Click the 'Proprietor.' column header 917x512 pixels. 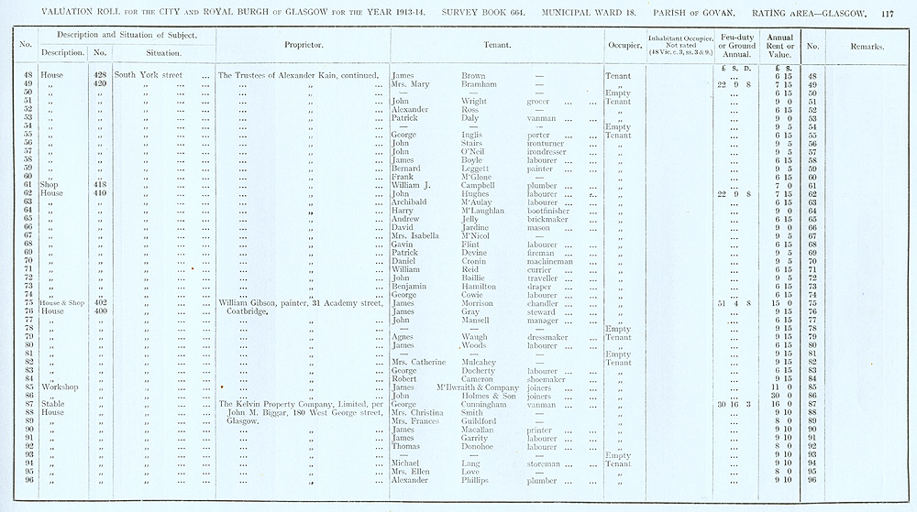(302, 44)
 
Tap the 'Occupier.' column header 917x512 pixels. (624, 44)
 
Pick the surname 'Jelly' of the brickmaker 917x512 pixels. (470, 220)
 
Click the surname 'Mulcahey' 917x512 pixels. (484, 363)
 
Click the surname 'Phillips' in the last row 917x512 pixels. (480, 480)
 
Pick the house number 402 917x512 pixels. (101, 303)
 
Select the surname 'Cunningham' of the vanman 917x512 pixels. (489, 404)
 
